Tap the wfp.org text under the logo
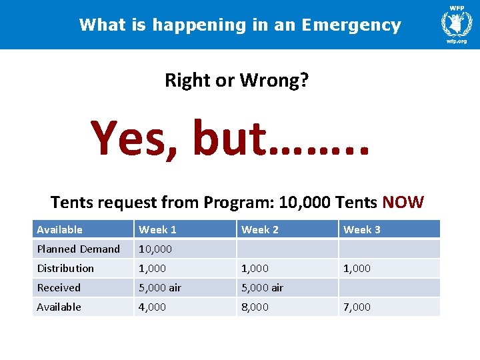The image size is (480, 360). (x=457, y=41)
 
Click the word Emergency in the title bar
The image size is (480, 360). (x=351, y=25)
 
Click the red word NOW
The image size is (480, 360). (x=403, y=202)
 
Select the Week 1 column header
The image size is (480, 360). (x=157, y=229)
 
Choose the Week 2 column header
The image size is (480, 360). (x=260, y=229)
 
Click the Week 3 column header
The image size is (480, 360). (x=362, y=229)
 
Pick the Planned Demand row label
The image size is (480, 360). (x=78, y=249)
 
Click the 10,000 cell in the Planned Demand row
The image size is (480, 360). (x=155, y=249)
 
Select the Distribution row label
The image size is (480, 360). (x=65, y=268)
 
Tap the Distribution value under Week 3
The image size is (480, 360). (x=357, y=268)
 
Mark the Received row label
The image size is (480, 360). (x=59, y=287)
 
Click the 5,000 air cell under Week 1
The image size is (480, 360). (x=159, y=287)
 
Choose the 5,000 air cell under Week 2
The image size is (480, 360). (x=262, y=287)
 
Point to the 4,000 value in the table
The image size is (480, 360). (x=153, y=307)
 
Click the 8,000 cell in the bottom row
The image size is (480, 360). (x=255, y=307)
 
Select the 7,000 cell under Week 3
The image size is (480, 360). (x=357, y=307)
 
